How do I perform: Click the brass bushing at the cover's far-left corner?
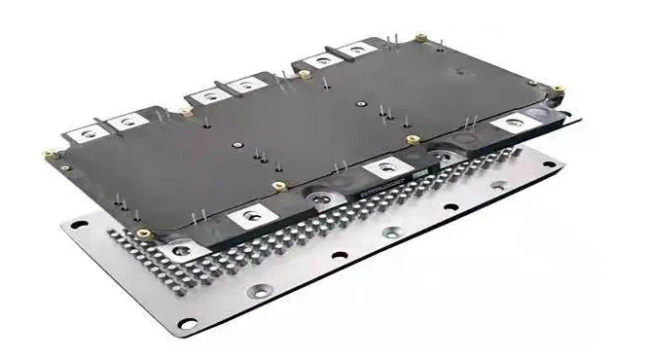click(50, 154)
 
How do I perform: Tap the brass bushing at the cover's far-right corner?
click(559, 90)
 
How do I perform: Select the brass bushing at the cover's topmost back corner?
click(421, 38)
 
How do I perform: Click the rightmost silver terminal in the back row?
click(357, 48)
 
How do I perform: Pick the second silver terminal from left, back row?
click(127, 122)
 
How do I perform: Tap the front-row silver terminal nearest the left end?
click(182, 249)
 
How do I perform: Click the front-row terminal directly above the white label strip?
click(388, 168)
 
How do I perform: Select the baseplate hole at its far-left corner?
click(71, 225)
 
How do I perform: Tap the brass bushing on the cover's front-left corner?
click(144, 234)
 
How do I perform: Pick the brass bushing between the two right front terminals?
click(413, 140)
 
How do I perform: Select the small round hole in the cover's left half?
click(236, 145)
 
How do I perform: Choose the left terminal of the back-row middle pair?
click(206, 94)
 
